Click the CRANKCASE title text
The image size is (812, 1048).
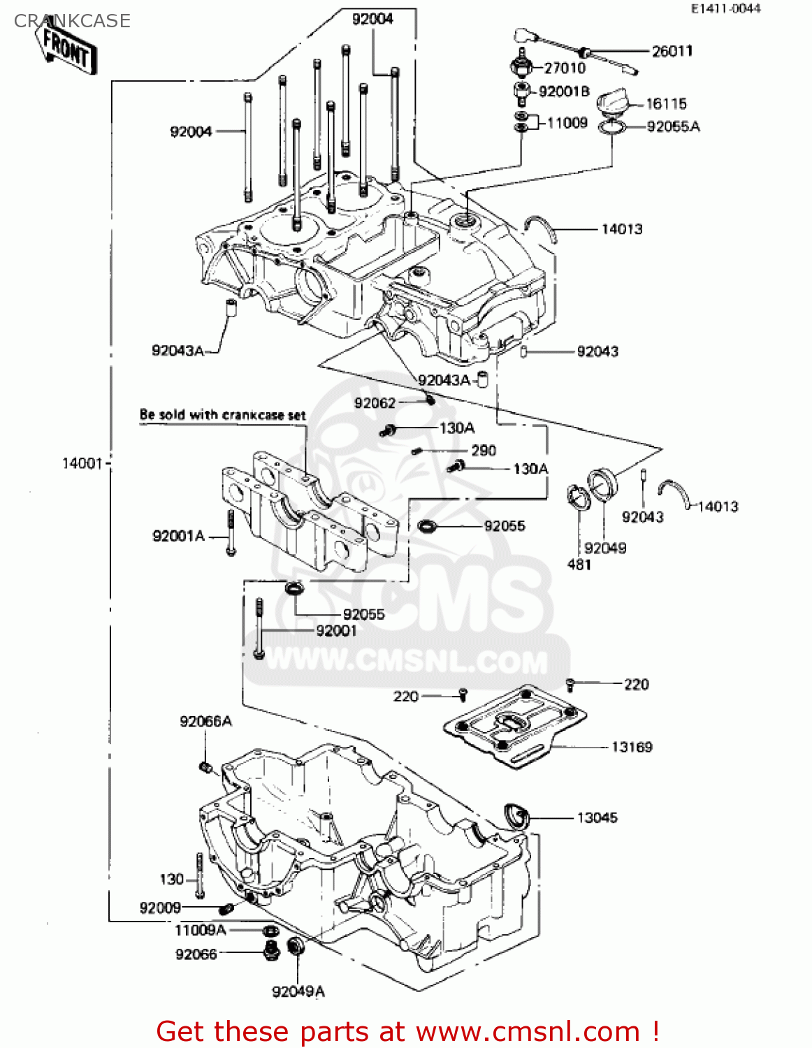pos(72,21)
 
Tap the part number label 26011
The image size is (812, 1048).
pos(672,51)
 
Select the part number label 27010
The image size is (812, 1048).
pos(564,68)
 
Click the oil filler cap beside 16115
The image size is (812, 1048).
pos(613,102)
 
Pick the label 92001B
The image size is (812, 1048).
pos(564,92)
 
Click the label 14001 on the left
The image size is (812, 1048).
pos(82,463)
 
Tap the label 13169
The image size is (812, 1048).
pos(632,747)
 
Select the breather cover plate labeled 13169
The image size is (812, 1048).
pos(515,725)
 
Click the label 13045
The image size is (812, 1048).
pos(597,817)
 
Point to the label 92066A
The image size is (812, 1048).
pos(205,721)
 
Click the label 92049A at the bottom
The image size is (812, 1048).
pos(298,991)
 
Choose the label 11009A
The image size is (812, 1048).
pos(200,931)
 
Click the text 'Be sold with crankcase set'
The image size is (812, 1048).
pos(222,414)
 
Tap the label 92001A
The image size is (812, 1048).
pos(178,536)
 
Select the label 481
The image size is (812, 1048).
pos(579,564)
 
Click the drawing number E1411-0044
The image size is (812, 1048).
pos(725,9)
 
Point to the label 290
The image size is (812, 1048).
pos(484,451)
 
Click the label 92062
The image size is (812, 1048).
pos(375,403)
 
